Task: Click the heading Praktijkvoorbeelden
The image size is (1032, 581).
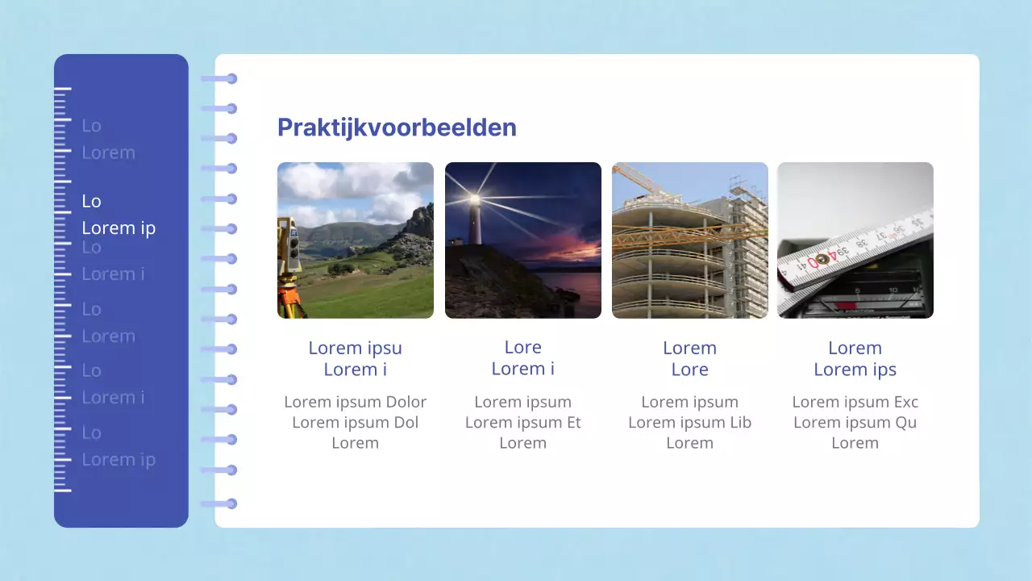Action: point(397,127)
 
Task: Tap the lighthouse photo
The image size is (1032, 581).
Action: point(522,240)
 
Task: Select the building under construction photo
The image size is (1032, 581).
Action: point(689,240)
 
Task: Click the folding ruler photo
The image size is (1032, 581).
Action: point(855,240)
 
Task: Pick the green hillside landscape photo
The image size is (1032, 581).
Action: point(356,240)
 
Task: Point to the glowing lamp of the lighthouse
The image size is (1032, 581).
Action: point(476,199)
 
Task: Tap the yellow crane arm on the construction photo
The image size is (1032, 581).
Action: point(685,235)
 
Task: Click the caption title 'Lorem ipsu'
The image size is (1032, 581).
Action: point(355,348)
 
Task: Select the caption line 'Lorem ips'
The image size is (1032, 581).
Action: point(855,370)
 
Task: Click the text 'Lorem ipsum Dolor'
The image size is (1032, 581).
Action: point(355,402)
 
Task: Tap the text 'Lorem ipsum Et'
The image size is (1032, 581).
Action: point(522,422)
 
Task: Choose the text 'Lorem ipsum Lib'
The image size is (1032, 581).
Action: point(689,422)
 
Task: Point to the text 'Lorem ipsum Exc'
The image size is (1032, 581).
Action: point(855,402)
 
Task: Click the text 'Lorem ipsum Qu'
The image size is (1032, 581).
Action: point(855,422)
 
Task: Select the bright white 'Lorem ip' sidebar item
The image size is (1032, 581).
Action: point(119,228)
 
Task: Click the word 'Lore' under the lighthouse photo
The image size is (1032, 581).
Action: point(522,347)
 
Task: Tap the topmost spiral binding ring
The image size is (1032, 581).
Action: point(231,78)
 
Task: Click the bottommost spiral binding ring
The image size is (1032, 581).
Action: point(231,504)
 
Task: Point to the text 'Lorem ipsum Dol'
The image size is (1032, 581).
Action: point(355,422)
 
